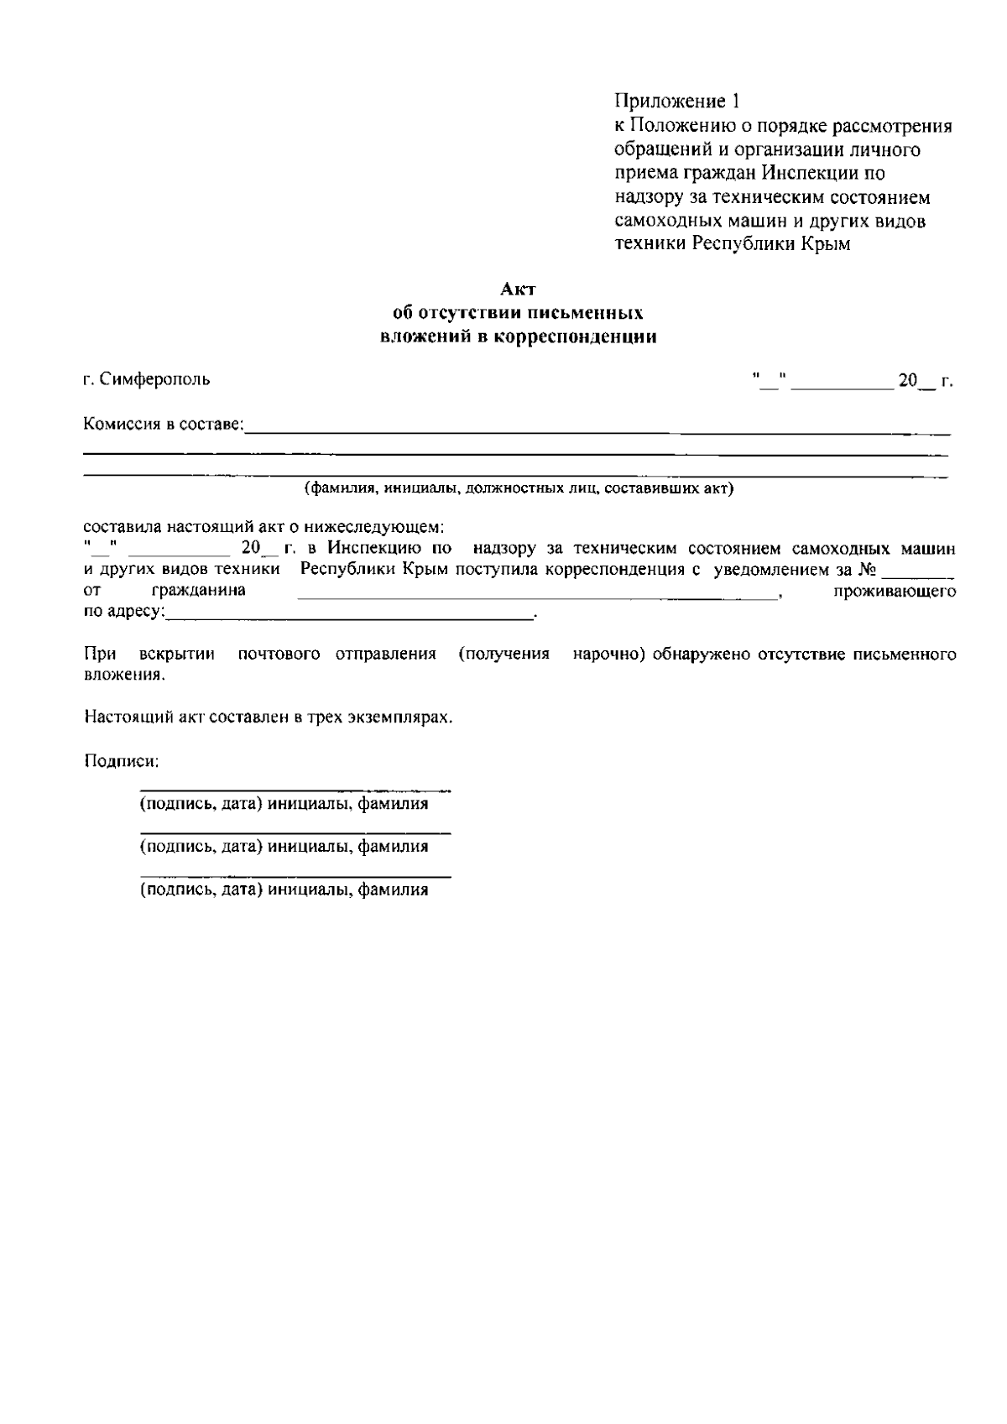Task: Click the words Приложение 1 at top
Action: pyautogui.click(x=677, y=102)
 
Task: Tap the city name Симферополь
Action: pyautogui.click(x=154, y=379)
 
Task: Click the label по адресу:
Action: pyautogui.click(x=123, y=612)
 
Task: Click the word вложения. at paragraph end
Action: pyautogui.click(x=124, y=675)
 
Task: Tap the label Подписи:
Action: pyautogui.click(x=121, y=762)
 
